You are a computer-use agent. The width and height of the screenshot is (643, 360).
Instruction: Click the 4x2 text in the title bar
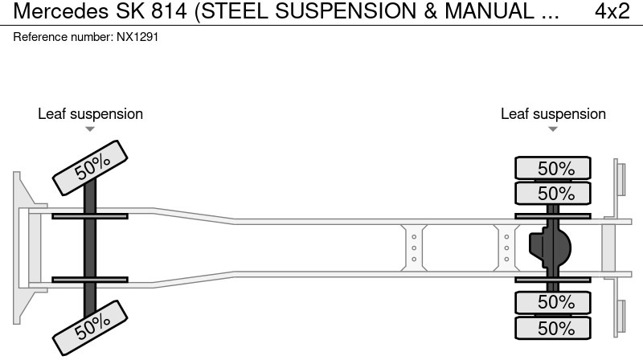pos(612,11)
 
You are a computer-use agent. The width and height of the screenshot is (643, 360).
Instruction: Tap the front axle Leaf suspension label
pos(90,114)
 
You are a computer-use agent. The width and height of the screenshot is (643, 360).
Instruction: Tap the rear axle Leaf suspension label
pos(553,114)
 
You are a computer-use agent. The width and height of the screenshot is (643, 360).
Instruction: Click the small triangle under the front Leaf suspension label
pos(90,129)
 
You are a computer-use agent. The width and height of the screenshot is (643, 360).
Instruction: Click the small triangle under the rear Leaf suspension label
pos(553,129)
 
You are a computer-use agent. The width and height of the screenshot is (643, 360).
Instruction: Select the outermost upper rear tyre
pos(553,169)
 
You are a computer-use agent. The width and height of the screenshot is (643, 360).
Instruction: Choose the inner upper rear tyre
pos(553,194)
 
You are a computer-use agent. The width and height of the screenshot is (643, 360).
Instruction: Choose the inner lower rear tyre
pos(553,302)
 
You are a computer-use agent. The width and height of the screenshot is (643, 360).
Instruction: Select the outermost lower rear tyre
pos(553,328)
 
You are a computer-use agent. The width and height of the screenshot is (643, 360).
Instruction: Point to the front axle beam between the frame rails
pos(90,247)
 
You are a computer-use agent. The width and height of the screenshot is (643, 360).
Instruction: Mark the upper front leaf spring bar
pos(90,215)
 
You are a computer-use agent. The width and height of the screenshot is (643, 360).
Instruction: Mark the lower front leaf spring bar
pos(90,280)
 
